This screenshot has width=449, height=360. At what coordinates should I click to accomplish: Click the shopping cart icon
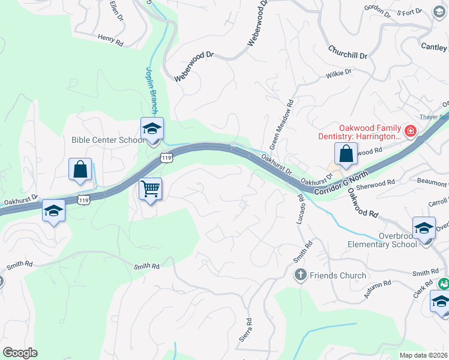point(151,189)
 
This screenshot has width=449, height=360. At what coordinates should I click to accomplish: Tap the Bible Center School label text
point(108,140)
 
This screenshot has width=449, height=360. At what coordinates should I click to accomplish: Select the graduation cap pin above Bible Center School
point(152,129)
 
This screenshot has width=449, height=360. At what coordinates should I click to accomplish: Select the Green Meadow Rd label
point(282,125)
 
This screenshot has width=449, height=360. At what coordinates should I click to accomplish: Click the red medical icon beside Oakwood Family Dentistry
point(411,130)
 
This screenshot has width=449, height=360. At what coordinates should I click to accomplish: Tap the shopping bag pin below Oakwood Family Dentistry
point(346,154)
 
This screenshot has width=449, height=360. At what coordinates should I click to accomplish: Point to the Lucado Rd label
point(300,209)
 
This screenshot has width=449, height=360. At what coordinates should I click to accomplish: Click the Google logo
point(20,353)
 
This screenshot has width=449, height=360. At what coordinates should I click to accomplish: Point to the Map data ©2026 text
point(424,355)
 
